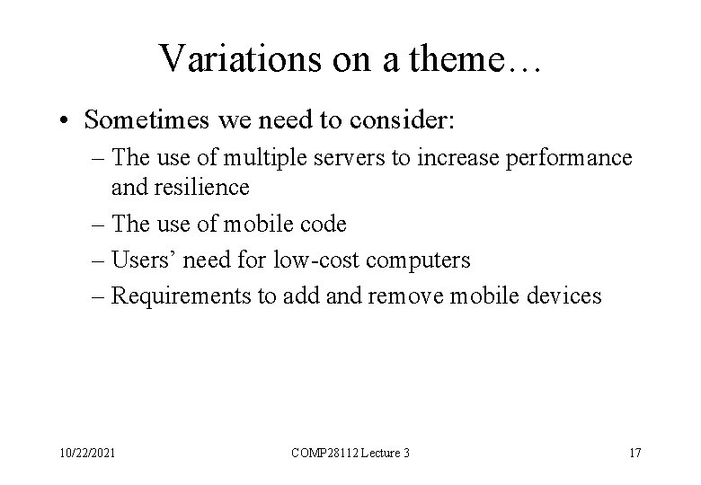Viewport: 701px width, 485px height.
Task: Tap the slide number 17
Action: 634,452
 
